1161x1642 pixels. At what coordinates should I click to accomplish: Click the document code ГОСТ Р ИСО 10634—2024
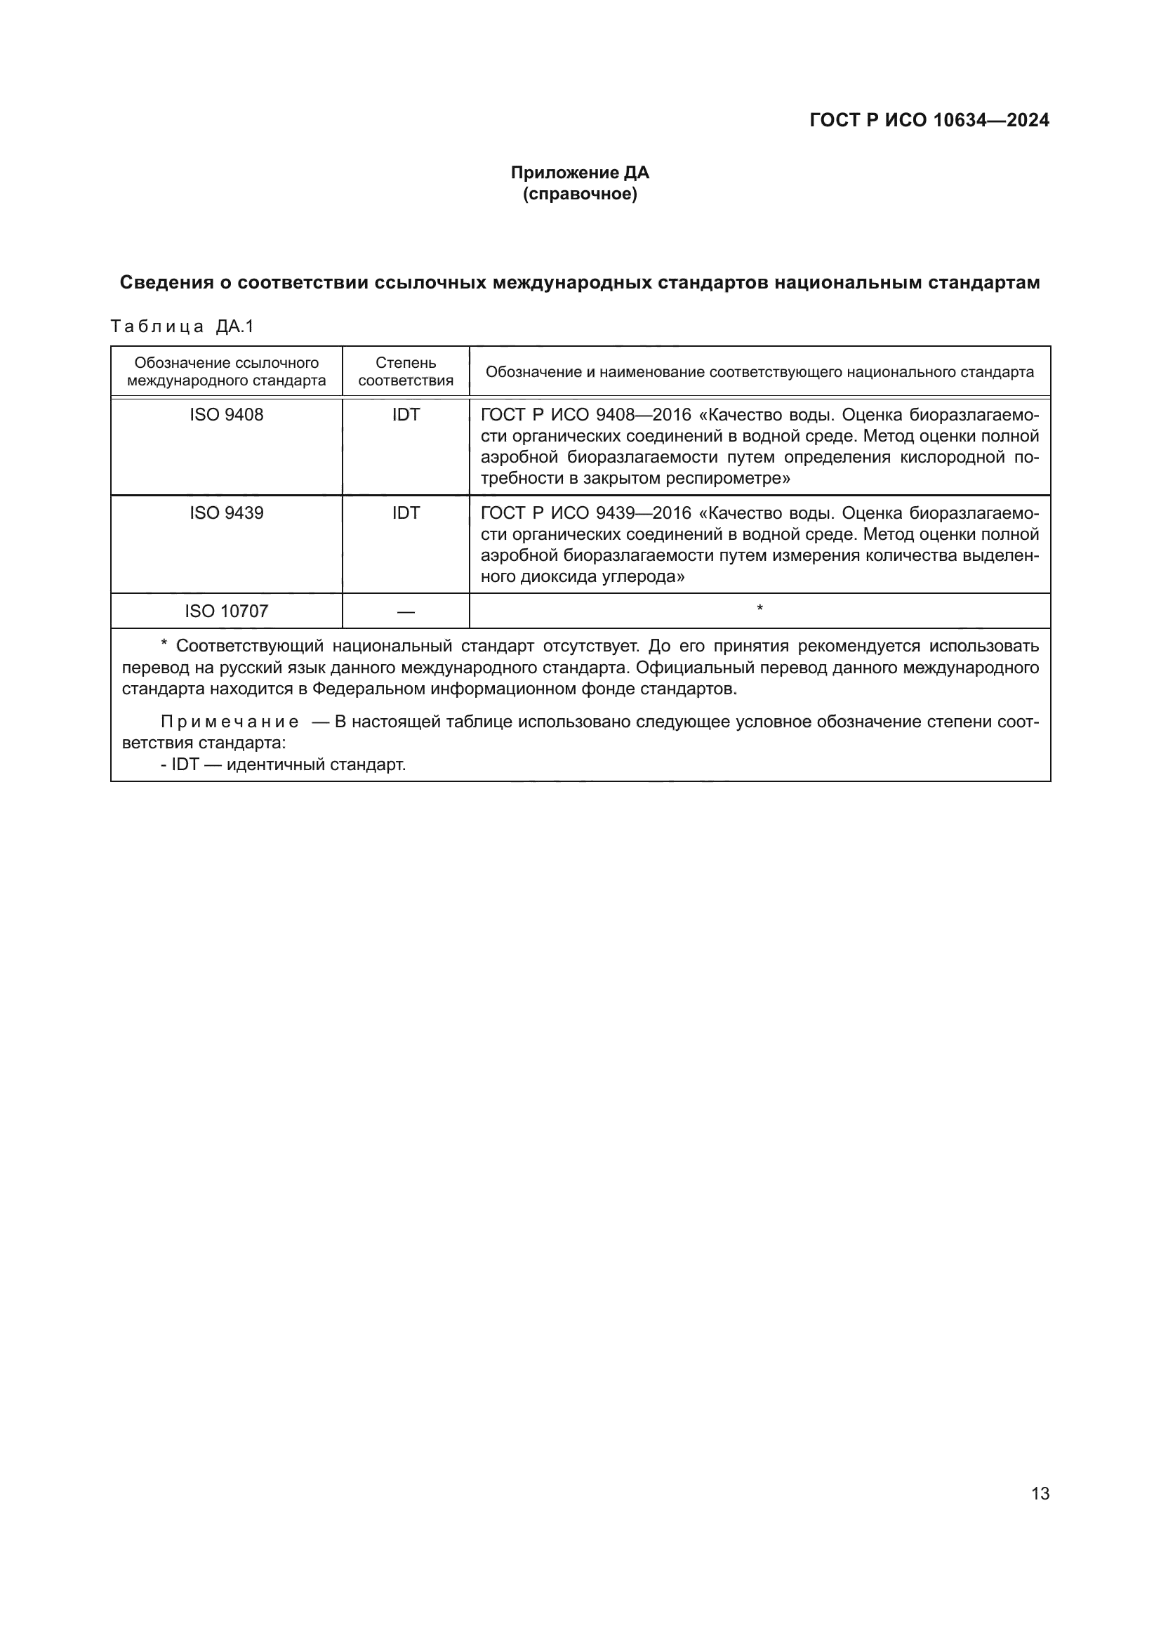[929, 120]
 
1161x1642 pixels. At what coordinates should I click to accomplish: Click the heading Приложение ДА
[580, 173]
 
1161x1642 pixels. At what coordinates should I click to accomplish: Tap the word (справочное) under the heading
[580, 194]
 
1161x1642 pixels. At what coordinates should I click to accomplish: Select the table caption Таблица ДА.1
[183, 327]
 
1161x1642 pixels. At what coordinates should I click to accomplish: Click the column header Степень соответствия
[405, 371]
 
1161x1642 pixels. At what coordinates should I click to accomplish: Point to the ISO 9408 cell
[226, 415]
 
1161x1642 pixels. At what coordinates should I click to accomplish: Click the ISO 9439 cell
[226, 512]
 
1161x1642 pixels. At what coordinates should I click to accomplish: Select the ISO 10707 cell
[226, 611]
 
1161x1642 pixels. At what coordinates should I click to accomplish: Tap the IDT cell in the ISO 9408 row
[405, 415]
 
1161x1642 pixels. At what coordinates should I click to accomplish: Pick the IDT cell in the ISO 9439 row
[405, 512]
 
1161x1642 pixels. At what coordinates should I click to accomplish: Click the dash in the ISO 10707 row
[405, 611]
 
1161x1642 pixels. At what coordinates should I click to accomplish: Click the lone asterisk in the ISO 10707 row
[759, 609]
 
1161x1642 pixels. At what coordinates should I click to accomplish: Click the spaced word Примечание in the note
[230, 722]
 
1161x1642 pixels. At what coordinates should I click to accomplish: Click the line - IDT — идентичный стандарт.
[283, 764]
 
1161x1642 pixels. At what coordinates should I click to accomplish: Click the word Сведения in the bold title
[166, 282]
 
